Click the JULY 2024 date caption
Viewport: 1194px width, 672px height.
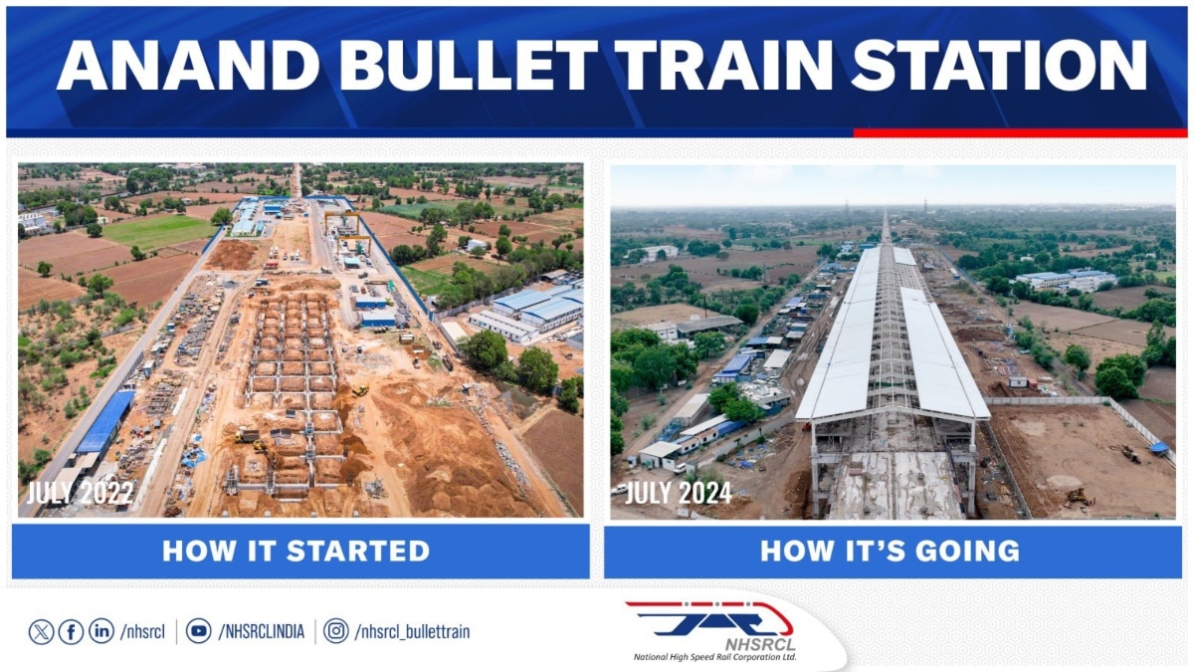pyautogui.click(x=676, y=492)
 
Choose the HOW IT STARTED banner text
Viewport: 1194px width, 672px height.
pyautogui.click(x=296, y=551)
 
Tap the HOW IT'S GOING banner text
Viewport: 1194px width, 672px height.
pyautogui.click(x=890, y=551)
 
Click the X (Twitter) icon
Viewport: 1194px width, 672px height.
pyautogui.click(x=41, y=631)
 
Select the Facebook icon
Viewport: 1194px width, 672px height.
pyautogui.click(x=71, y=631)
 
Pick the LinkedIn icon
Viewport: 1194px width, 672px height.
pyautogui.click(x=100, y=631)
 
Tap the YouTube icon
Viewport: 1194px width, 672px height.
pyautogui.click(x=199, y=631)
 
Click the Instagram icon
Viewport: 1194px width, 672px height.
pyautogui.click(x=337, y=631)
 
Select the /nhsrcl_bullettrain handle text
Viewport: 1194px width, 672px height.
pyautogui.click(x=412, y=631)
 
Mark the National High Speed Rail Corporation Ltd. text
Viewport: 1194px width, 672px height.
pyautogui.click(x=714, y=657)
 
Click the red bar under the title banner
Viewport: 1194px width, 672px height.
pyautogui.click(x=1019, y=132)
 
